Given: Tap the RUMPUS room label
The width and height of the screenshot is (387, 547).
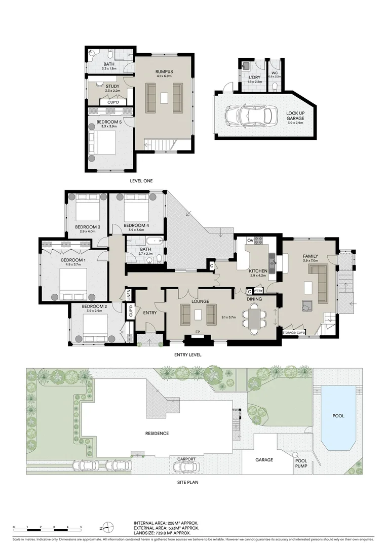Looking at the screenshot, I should pyautogui.click(x=164, y=72).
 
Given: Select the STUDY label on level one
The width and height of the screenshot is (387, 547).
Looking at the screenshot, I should pyautogui.click(x=112, y=86).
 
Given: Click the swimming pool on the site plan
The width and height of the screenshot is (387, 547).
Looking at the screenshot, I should pyautogui.click(x=338, y=416).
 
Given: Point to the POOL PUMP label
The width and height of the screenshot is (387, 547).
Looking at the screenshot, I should pyautogui.click(x=301, y=462).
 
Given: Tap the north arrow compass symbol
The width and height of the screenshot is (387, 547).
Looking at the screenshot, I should pyautogui.click(x=106, y=527).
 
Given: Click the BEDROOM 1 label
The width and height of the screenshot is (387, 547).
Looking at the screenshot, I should pyautogui.click(x=71, y=260).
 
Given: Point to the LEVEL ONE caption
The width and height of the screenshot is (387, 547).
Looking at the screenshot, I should pyautogui.click(x=141, y=181).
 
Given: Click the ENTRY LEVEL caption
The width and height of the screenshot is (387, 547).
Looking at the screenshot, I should pyautogui.click(x=187, y=355).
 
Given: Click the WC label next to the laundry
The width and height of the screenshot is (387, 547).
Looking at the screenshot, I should pyautogui.click(x=275, y=73).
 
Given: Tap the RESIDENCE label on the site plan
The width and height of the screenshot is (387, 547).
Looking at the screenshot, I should pyautogui.click(x=157, y=434).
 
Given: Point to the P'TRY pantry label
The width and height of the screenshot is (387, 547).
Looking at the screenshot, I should pyautogui.click(x=258, y=292).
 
